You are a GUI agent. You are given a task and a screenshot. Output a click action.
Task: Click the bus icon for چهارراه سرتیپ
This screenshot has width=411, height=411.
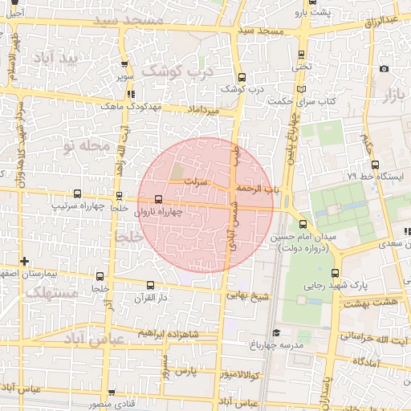77,194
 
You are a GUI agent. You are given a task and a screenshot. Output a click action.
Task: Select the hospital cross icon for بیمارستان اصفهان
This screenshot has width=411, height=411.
26,261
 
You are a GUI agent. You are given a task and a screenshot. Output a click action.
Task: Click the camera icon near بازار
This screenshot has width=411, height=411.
385,69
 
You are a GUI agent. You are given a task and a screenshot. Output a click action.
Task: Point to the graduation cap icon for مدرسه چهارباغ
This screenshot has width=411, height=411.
276,332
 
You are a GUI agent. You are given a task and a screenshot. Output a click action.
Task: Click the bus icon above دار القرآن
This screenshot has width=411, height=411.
150,285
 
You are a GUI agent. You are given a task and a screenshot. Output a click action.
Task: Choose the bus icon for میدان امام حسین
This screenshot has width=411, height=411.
303,226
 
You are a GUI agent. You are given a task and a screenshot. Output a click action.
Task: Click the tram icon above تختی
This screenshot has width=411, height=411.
300,55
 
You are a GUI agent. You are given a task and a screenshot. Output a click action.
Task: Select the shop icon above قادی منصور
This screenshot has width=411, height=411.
111,393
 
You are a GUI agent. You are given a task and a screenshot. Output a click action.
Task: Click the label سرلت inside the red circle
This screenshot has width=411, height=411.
197,182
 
